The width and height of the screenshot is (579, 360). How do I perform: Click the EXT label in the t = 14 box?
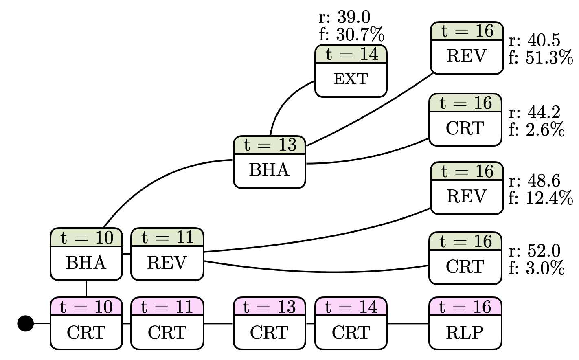(x=351, y=79)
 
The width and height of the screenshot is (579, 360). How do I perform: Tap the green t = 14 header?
(x=351, y=54)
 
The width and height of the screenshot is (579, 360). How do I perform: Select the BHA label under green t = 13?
(x=269, y=170)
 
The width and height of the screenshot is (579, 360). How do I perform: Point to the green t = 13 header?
(x=269, y=145)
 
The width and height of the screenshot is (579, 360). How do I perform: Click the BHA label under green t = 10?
(x=86, y=263)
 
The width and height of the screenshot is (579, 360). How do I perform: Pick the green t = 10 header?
(x=86, y=238)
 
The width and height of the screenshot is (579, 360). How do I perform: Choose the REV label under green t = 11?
(x=167, y=263)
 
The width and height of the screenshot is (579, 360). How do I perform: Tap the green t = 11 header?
(x=167, y=237)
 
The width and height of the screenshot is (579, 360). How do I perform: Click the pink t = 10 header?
(x=86, y=307)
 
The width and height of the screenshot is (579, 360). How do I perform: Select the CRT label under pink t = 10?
(x=86, y=333)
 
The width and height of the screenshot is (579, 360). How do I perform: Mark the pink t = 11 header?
(x=167, y=307)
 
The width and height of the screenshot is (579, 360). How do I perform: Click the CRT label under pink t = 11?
(x=167, y=333)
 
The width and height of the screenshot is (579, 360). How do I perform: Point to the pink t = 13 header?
(x=269, y=307)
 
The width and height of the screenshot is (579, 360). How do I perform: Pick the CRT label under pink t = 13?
(x=269, y=333)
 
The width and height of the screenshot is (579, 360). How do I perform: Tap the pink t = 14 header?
(x=351, y=307)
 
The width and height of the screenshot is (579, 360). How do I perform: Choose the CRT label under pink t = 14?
(x=351, y=333)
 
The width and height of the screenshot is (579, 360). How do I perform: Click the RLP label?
(x=465, y=333)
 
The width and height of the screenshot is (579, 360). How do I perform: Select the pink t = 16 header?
(x=465, y=307)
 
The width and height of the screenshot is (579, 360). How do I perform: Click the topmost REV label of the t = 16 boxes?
(x=467, y=56)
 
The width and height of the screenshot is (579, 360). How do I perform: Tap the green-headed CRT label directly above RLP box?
(x=465, y=267)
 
